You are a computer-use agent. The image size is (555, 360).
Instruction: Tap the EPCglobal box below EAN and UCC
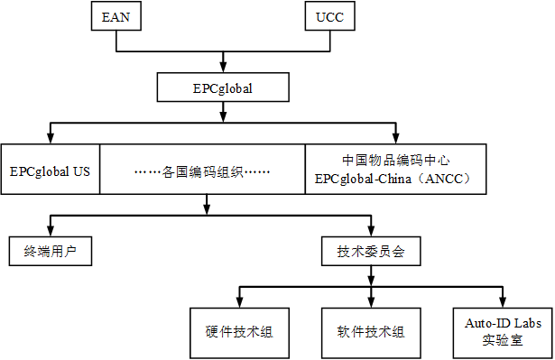(x=222, y=88)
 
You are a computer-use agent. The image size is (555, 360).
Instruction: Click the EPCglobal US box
(x=50, y=169)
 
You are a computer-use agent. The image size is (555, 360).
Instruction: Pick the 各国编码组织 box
(x=202, y=169)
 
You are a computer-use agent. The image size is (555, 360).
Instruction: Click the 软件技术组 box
(x=371, y=331)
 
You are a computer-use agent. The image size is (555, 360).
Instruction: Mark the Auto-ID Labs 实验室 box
(x=502, y=331)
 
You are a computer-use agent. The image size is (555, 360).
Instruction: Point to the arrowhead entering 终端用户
(x=51, y=232)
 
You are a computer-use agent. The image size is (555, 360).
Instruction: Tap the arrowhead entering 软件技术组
(x=371, y=302)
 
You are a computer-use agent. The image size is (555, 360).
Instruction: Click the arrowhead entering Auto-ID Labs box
(x=502, y=302)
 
